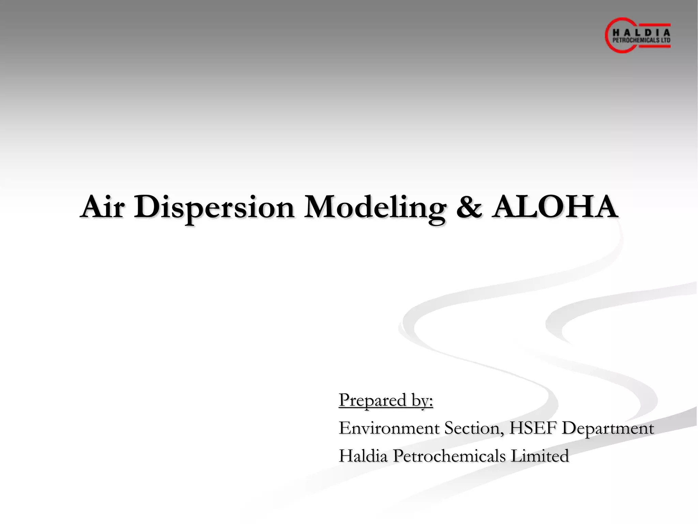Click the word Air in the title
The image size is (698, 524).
[x=102, y=207]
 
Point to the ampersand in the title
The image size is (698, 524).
[x=469, y=207]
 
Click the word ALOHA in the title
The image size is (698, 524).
[x=555, y=207]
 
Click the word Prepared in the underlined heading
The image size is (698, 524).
[x=373, y=401]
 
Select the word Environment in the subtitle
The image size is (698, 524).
[x=389, y=428]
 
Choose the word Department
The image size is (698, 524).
[x=608, y=429]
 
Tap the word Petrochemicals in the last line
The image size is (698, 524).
[x=449, y=456]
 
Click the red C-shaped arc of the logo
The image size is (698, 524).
[x=608, y=36]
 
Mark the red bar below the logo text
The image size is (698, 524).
[x=654, y=46]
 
